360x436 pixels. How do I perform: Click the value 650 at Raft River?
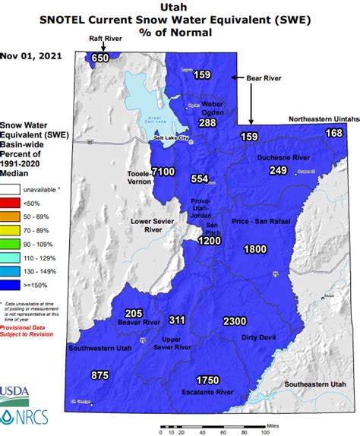[100, 58]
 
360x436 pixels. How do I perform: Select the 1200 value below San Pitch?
[209, 241]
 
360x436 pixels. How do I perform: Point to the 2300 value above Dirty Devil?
[235, 322]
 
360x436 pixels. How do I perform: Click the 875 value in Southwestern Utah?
[99, 375]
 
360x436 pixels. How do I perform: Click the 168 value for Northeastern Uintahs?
[334, 134]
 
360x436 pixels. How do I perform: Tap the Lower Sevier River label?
[149, 226]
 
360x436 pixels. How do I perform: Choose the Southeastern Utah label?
[314, 385]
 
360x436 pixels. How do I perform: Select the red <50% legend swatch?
[11, 203]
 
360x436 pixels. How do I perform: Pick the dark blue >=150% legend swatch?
[11, 285]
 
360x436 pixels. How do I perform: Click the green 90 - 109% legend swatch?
[11, 244]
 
